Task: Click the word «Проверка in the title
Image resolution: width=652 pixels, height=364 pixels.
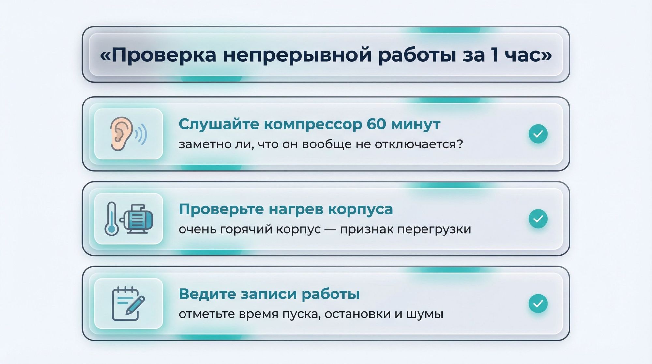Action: click(x=158, y=55)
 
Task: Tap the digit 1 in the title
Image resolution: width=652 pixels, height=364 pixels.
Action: click(x=495, y=54)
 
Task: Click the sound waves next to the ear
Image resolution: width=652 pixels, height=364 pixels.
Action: click(x=141, y=134)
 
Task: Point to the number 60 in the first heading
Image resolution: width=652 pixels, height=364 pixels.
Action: click(x=376, y=124)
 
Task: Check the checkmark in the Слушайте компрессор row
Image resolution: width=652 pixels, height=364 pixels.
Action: click(x=538, y=134)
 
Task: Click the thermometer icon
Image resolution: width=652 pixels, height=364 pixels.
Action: click(x=111, y=219)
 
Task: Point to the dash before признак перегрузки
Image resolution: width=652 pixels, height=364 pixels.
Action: click(x=331, y=229)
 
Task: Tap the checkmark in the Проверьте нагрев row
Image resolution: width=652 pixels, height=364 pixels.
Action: click(x=538, y=219)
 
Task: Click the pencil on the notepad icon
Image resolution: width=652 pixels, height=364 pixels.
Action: click(x=135, y=305)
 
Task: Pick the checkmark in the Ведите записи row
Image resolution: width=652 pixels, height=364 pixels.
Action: click(x=538, y=304)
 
